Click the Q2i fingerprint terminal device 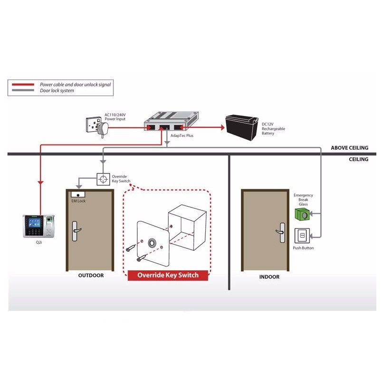coord(38,226)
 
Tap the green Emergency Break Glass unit coord(302,214)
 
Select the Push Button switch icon coord(302,236)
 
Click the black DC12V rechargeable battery coord(241,127)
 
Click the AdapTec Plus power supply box coord(171,121)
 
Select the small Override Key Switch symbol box coord(103,179)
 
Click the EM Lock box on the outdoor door coord(78,194)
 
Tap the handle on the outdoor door coord(76,231)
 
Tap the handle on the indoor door coord(281,232)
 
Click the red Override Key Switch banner coord(168,275)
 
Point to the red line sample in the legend coord(23,85)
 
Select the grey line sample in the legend coord(23,90)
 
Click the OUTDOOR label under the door coord(91,275)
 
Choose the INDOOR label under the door coord(269,277)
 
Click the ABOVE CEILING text coord(350,148)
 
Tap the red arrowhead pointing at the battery coord(222,127)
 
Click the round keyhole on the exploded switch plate coord(152,243)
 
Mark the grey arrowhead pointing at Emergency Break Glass coord(312,214)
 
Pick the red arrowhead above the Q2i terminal coord(40,182)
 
